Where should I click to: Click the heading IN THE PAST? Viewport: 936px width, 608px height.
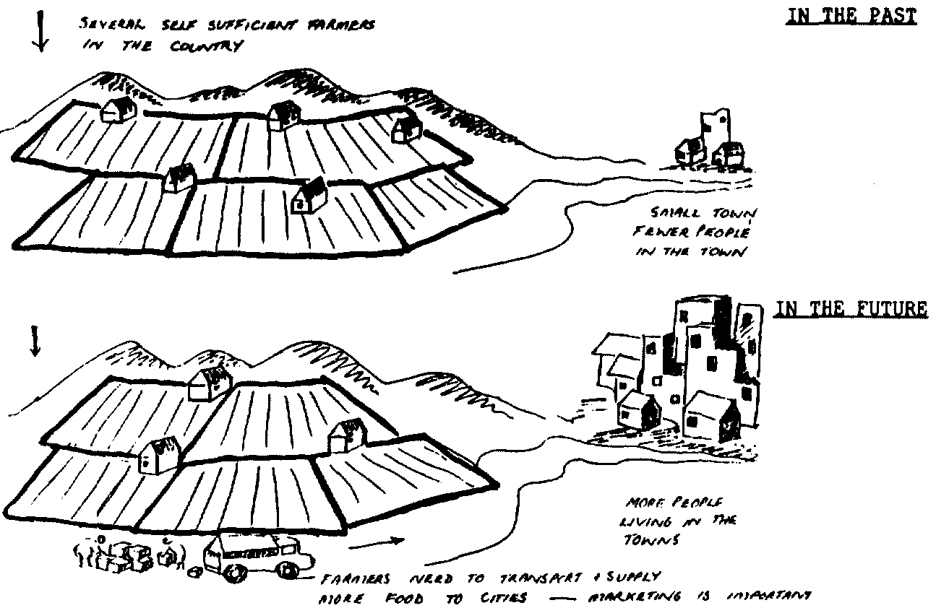[850, 17]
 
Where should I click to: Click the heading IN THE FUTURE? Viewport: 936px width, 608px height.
[851, 309]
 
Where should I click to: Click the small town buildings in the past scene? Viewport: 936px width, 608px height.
[708, 144]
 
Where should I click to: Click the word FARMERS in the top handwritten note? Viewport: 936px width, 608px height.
[346, 27]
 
